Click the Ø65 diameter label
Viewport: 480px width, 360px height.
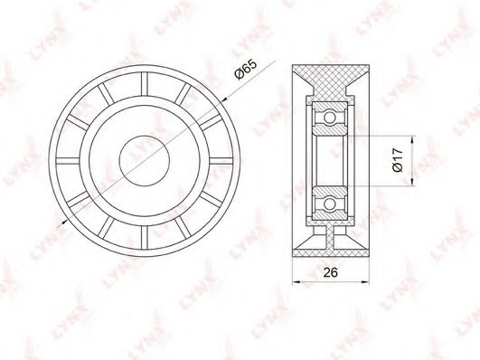(x=246, y=70)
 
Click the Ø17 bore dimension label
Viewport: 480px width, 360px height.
(x=398, y=160)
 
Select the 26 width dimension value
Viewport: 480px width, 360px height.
(x=331, y=271)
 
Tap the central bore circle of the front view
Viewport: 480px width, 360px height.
(x=145, y=161)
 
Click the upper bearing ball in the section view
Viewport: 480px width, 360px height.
(x=330, y=118)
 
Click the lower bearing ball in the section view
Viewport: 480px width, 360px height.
(x=330, y=204)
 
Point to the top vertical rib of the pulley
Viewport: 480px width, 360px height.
(x=145, y=84)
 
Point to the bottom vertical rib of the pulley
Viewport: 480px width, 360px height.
(x=145, y=238)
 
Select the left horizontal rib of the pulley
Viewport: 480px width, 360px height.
(x=68, y=161)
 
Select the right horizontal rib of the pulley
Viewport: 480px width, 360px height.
(x=221, y=161)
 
